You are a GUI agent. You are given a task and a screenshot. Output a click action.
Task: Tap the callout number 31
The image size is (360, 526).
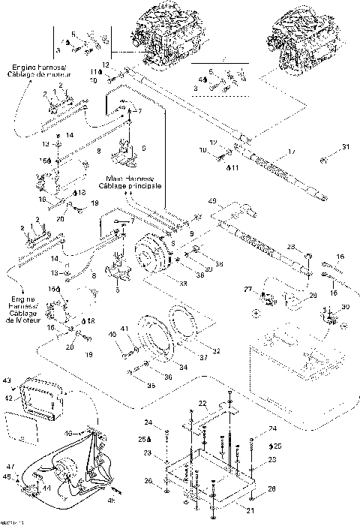pos(346,146)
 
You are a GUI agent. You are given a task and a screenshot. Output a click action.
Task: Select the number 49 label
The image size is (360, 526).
pos(212,201)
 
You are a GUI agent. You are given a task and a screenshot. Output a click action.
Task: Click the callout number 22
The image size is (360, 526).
pos(202,404)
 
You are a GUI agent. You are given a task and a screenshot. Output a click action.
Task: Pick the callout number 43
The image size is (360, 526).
pos(7,380)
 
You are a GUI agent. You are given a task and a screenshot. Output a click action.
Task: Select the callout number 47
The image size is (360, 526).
pos(10,466)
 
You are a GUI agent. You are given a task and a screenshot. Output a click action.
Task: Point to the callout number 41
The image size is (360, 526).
pos(127,328)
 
